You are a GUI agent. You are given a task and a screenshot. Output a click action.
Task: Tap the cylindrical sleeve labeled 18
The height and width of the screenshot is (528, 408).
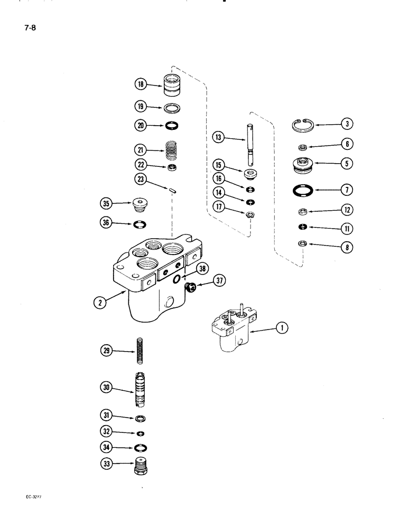[173, 86]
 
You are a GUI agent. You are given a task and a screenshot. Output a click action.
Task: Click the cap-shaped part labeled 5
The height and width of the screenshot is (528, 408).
[303, 164]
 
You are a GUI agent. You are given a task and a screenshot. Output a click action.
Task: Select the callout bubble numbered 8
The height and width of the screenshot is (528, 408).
[347, 247]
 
